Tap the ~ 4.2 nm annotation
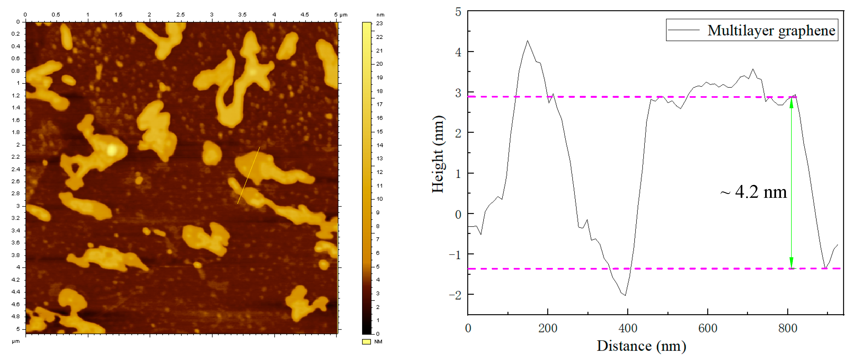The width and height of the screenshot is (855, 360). [x=753, y=192]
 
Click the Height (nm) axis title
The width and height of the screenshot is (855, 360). [x=438, y=154]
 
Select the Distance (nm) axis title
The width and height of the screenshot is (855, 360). [x=641, y=346]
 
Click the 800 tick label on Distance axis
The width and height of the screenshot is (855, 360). [x=787, y=328]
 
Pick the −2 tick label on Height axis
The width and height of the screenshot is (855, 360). [x=455, y=295]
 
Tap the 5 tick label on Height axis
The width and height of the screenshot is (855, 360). [x=458, y=12]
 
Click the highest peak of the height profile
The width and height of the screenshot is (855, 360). [x=527, y=41]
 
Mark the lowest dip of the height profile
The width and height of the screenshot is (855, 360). [x=625, y=295]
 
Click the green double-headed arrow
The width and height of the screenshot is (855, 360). [x=791, y=182]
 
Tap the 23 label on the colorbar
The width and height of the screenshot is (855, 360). [x=379, y=24]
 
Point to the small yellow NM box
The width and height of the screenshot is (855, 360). [x=366, y=342]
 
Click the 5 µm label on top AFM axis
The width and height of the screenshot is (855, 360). [x=340, y=15]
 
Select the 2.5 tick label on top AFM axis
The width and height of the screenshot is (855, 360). [x=180, y=15]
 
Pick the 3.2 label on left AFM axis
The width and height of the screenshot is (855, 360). [x=15, y=218]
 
